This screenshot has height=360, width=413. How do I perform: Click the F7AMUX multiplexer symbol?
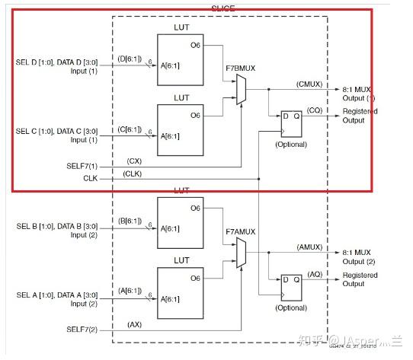click(x=242, y=252)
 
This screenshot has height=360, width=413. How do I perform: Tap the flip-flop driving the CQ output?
click(x=293, y=126)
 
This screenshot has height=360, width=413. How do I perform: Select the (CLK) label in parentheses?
click(x=133, y=174)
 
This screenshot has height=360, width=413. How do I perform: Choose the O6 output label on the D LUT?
click(x=195, y=45)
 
